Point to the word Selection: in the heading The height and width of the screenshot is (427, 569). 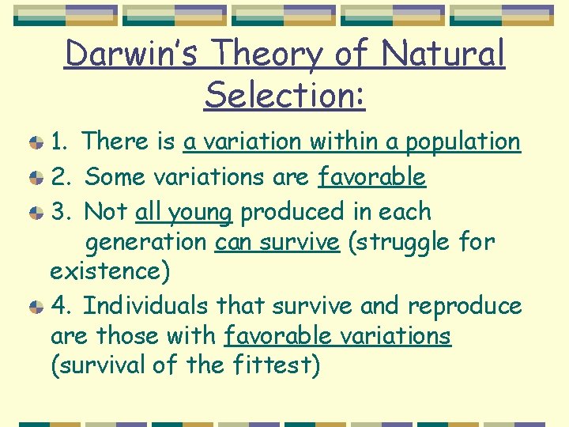click(x=284, y=95)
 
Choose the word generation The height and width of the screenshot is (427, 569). click(x=147, y=242)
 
